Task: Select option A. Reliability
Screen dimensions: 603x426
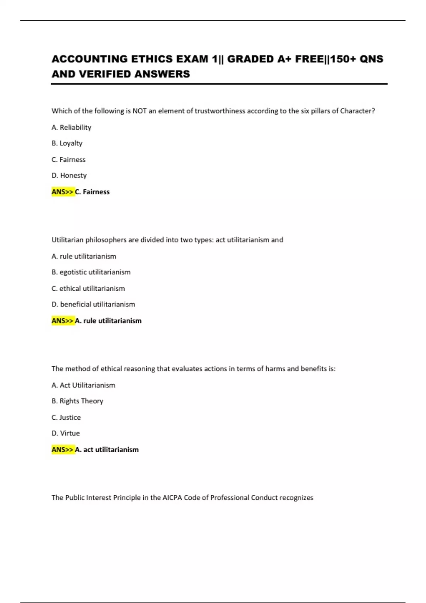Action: tap(71, 127)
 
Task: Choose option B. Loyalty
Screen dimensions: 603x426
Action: tap(67, 143)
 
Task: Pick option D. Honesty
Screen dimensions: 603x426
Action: tap(69, 176)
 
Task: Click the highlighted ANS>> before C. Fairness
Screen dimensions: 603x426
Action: tap(62, 192)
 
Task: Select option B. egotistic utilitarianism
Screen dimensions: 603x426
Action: tap(91, 272)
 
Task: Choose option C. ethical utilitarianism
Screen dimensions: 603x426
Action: tap(88, 288)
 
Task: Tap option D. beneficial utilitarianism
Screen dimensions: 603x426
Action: tap(93, 304)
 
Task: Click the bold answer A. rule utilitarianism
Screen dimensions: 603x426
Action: tap(108, 321)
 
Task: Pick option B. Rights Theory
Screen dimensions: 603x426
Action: tap(77, 401)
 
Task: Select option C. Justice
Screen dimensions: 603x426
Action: tap(66, 417)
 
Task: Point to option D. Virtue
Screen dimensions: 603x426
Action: tap(66, 433)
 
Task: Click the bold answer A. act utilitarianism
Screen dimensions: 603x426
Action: tap(107, 450)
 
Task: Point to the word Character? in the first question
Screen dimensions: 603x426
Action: tap(357, 111)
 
